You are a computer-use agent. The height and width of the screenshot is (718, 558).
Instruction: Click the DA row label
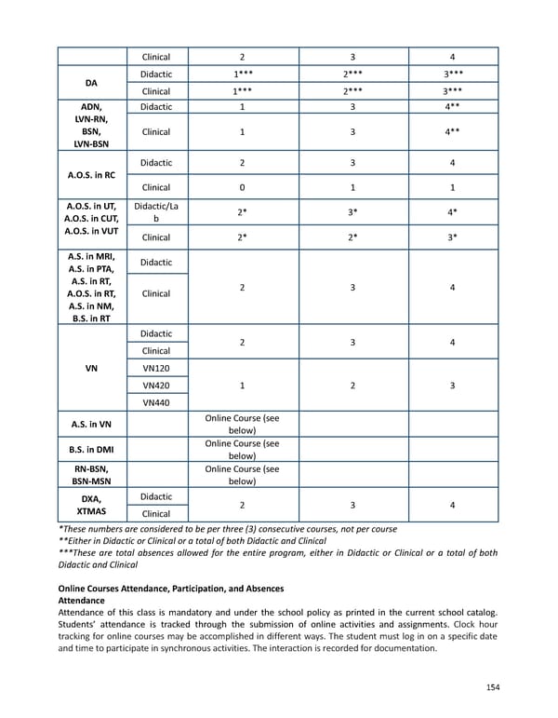91,82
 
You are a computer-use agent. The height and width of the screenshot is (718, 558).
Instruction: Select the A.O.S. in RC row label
91,174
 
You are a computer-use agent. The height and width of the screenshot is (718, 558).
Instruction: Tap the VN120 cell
155,368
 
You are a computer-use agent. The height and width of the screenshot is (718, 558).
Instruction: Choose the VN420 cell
155,385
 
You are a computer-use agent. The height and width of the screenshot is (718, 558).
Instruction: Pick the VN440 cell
155,402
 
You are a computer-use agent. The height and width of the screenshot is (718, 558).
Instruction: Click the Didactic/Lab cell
155,211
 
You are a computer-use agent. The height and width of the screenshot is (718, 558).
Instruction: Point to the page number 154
492,686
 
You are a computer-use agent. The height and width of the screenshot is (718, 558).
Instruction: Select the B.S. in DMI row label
91,451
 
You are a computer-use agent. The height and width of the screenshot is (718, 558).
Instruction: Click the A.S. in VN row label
91,425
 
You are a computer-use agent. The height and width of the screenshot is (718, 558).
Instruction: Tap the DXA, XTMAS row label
91,505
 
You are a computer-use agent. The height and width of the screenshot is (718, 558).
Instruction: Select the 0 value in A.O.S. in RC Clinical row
242,187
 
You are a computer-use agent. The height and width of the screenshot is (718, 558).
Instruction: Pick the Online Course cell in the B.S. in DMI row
242,451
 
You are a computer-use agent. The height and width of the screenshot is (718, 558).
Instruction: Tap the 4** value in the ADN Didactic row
451,107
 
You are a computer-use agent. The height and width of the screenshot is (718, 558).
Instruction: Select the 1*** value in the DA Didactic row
242,74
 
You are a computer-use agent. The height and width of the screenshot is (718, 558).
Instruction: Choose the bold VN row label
91,368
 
